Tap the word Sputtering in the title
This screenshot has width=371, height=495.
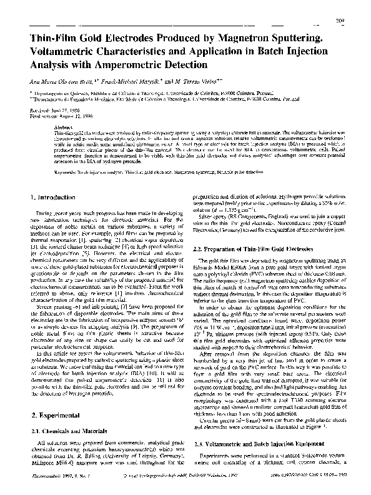click(305, 39)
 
